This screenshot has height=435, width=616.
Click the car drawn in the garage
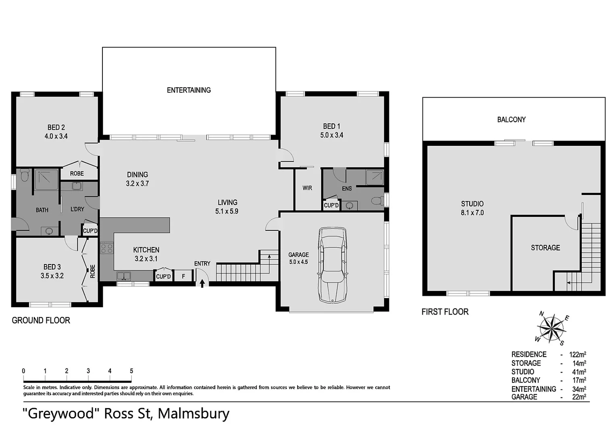coord(333,265)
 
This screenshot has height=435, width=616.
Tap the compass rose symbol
coord(551,328)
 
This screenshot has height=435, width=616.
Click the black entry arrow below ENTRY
coord(202,283)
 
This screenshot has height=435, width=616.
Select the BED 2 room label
coord(56,127)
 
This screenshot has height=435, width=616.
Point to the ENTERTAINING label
coord(189,90)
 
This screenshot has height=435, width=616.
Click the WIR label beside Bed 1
coord(307,188)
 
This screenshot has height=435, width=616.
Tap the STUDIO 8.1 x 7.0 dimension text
coord(472,213)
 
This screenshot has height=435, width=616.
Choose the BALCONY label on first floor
coord(511,120)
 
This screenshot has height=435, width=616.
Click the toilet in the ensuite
coord(377,201)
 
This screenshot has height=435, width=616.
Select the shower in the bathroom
coord(46,179)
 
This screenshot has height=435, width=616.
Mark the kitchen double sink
coord(124,276)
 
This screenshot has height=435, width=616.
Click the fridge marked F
coord(183,276)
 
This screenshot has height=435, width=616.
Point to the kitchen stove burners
coord(106,248)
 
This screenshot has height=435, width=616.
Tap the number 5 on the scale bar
coord(131,371)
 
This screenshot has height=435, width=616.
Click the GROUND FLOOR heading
coord(41,321)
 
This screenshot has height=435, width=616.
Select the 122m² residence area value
coord(577,354)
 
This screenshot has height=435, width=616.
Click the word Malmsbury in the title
coord(194,414)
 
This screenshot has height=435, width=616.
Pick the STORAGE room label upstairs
coord(545,248)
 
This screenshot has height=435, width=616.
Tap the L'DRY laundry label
coord(77,209)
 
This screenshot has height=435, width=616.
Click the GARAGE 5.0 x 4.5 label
coord(298,258)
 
